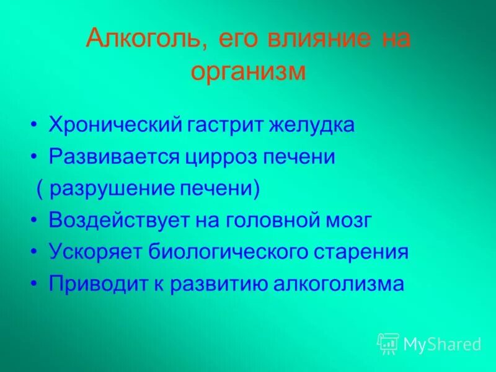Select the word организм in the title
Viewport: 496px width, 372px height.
click(248, 71)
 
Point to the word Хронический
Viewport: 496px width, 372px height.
click(115, 125)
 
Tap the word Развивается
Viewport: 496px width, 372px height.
click(114, 157)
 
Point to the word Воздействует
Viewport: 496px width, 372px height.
click(122, 221)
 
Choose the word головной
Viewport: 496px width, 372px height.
click(267, 221)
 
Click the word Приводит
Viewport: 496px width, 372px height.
click(99, 285)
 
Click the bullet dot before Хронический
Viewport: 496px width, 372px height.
click(35, 126)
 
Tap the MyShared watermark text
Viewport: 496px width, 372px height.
click(442, 344)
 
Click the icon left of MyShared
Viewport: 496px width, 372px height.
click(387, 343)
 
